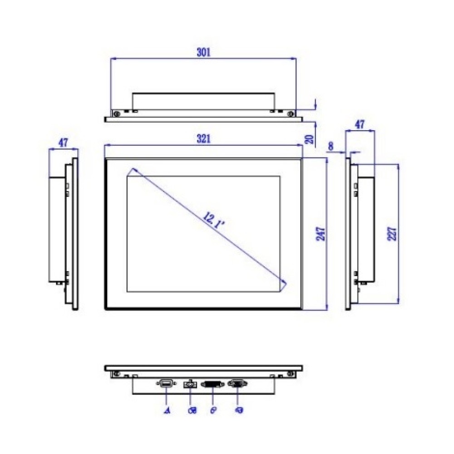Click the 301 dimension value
203,52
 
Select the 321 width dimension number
203,139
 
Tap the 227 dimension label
393,233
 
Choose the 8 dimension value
331,146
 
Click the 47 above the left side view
63,143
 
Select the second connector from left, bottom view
189,385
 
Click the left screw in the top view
116,113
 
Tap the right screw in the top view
290,113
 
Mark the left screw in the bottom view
116,374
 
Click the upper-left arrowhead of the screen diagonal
133,171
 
